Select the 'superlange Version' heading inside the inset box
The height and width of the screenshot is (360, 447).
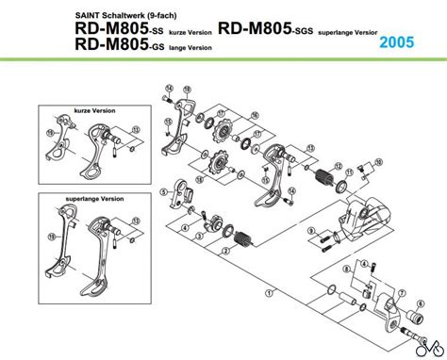pos(94,199)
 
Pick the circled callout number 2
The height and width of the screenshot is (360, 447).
pos(225,251)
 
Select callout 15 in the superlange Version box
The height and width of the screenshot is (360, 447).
pos(50,237)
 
